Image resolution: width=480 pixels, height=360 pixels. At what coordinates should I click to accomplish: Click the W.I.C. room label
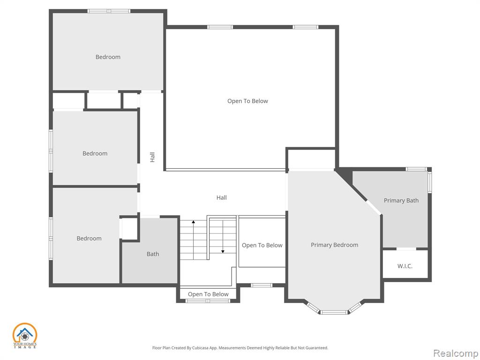tap(405, 266)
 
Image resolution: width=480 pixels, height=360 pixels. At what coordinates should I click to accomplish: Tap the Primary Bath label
tap(401, 201)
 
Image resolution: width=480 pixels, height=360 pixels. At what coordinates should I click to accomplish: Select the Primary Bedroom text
tap(334, 245)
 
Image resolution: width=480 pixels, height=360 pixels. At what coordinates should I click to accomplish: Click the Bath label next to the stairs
tap(153, 254)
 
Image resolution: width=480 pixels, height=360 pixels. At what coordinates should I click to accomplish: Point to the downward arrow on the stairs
tap(223, 236)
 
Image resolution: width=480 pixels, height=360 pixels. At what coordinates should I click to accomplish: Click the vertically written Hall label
tap(152, 157)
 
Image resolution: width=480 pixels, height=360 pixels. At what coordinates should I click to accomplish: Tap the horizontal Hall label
tap(222, 198)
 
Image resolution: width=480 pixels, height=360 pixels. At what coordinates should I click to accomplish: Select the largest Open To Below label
tap(247, 101)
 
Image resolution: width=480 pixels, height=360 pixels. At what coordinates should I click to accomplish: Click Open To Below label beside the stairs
tap(262, 245)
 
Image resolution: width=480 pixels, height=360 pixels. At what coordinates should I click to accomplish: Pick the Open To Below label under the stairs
tap(208, 294)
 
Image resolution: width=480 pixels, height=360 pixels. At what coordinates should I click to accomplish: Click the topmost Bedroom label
tap(108, 57)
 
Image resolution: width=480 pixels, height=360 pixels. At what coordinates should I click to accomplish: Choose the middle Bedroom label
tap(95, 153)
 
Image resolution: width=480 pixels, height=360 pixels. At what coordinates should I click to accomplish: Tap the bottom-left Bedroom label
tap(89, 239)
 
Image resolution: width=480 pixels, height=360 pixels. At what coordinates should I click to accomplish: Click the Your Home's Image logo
tap(24, 336)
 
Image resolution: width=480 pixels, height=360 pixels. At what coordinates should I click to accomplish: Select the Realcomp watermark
tap(456, 353)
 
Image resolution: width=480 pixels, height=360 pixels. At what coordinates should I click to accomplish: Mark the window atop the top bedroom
tap(109, 11)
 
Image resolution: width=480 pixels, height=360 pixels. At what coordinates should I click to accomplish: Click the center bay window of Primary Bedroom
tap(334, 312)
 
